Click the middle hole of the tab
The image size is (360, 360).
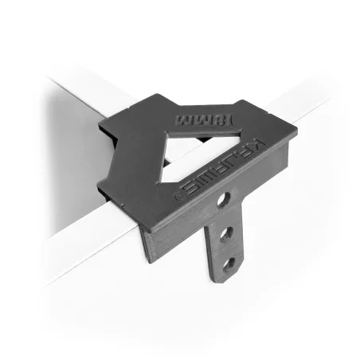(226, 234)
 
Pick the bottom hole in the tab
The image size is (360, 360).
(229, 263)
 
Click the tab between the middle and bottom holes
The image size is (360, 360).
(228, 248)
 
